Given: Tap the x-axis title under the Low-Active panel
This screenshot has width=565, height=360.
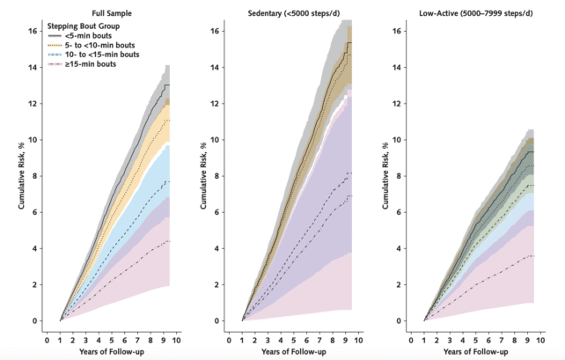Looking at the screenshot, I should click(474, 351).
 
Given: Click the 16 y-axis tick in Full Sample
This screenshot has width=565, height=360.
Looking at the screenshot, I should click(33, 31).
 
